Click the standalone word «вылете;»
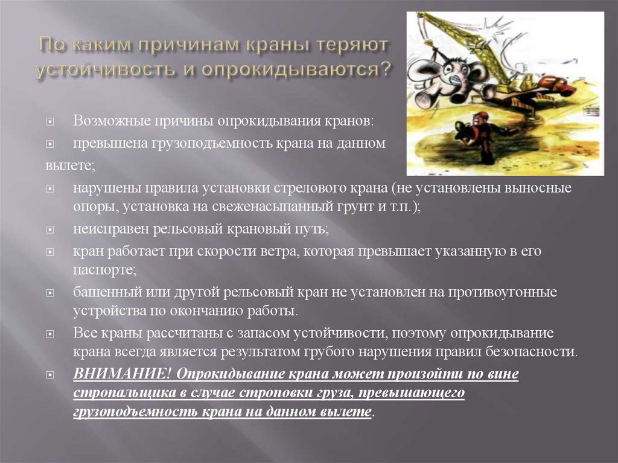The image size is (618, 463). [69, 165]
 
